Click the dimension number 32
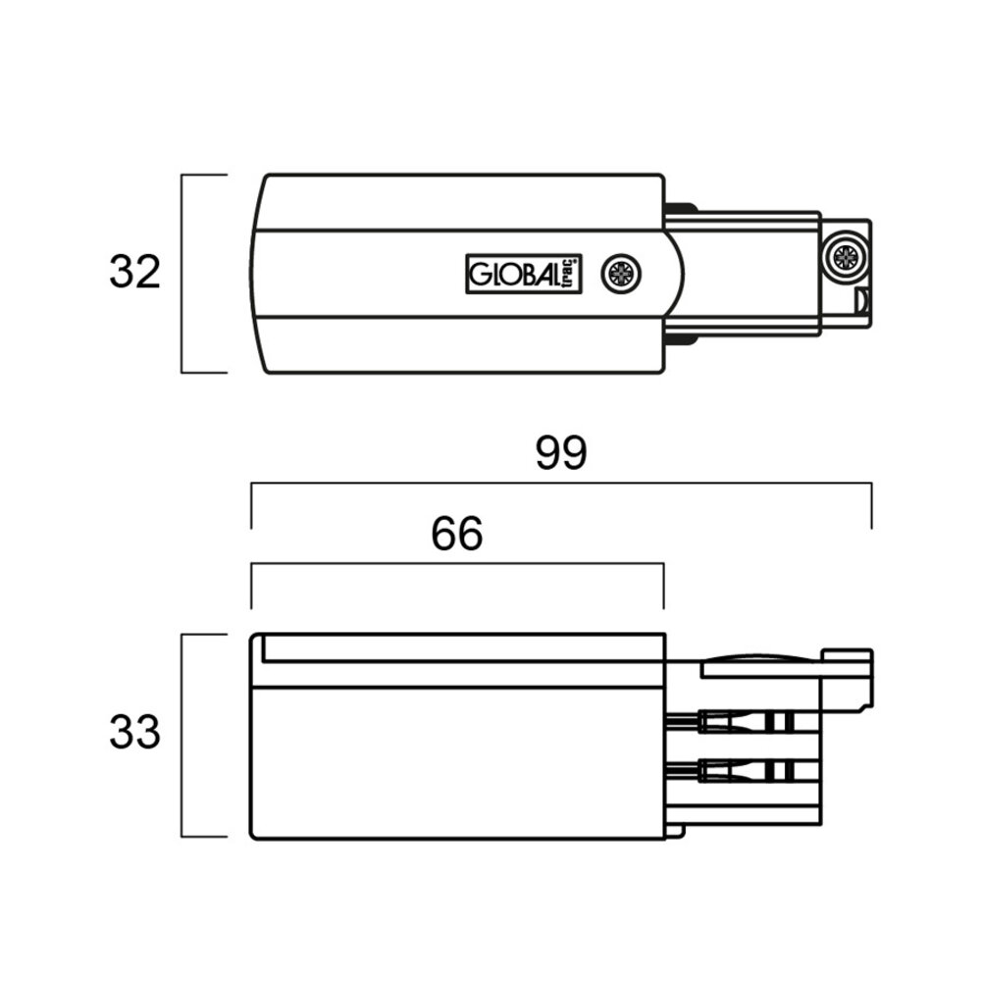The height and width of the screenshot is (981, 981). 134,274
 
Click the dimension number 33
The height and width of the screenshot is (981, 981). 134,732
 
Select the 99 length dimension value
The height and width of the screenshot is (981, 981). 561,453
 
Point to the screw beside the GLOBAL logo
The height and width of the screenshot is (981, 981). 620,273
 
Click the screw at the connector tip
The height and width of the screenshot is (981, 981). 844,257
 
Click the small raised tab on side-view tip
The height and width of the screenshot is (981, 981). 849,655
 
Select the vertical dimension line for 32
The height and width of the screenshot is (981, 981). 182,274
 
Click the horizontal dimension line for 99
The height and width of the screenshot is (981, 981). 561,484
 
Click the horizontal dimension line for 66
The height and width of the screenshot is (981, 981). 457,564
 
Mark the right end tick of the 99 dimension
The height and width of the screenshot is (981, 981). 871,505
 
